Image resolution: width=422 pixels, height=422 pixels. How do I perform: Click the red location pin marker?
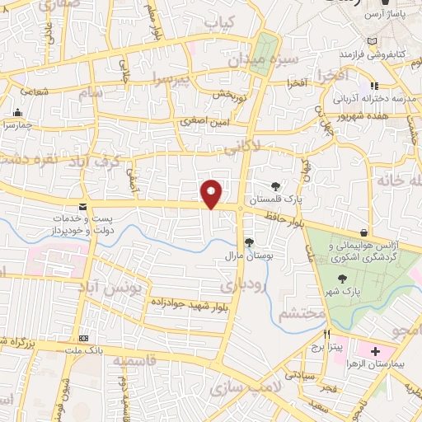coord(212,194)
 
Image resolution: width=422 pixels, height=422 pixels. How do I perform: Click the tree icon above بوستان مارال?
coord(248,241)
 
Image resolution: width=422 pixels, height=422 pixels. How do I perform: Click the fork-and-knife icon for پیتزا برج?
coord(326,334)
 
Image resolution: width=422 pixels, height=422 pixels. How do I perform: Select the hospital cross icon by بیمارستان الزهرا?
coord(375,350)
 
